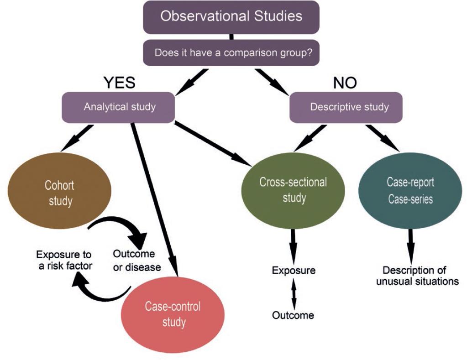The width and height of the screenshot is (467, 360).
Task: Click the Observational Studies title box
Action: pos(231,17)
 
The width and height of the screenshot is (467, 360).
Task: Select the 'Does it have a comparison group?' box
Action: pos(231,52)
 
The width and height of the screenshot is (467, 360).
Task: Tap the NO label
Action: pos(345,83)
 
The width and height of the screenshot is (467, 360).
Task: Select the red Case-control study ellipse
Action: pos(172,314)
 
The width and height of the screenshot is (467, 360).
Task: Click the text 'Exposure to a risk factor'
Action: pos(64,260)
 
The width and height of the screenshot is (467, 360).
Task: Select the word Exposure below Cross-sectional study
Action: pos(294,270)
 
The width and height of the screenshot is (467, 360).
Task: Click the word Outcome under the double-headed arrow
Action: pos(293,315)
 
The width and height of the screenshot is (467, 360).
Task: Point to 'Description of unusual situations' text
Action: pos(417,275)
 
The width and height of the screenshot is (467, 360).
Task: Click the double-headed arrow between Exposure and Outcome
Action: pos(294,293)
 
